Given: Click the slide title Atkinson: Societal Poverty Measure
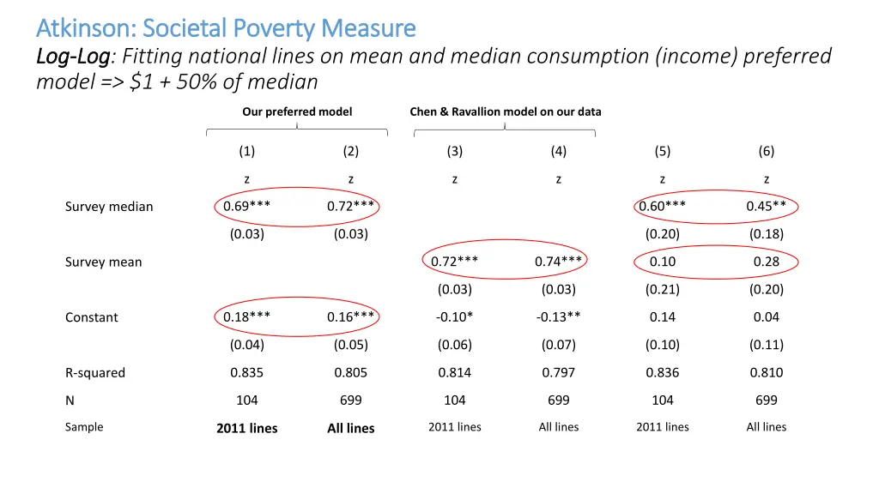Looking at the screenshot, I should pyautogui.click(x=226, y=28).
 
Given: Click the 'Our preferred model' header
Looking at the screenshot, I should pyautogui.click(x=297, y=111).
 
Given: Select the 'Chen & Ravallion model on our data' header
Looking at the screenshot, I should pyautogui.click(x=506, y=111).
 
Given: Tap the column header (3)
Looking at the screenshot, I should pyautogui.click(x=454, y=151).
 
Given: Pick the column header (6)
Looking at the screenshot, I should pyautogui.click(x=766, y=151).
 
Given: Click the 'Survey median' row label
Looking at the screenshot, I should pyautogui.click(x=109, y=207).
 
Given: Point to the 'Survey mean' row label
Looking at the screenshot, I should pyautogui.click(x=103, y=262).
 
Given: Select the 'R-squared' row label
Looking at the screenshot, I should pyautogui.click(x=95, y=373).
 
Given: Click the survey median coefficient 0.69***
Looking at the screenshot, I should pyautogui.click(x=247, y=206).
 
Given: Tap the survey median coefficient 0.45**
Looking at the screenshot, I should pyautogui.click(x=766, y=206).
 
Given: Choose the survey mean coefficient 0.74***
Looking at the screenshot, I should pyautogui.click(x=558, y=262).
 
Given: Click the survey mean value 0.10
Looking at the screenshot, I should pyautogui.click(x=662, y=262).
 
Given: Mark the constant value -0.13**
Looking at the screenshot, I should pyautogui.click(x=558, y=316).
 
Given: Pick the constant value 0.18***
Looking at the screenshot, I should pyautogui.click(x=247, y=316).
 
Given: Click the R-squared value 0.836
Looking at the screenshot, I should pyautogui.click(x=662, y=372).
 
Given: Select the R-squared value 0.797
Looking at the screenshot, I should pyautogui.click(x=558, y=372).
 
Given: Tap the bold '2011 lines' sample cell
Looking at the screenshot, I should pyautogui.click(x=247, y=428).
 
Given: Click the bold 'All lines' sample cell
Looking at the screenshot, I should pyautogui.click(x=350, y=428).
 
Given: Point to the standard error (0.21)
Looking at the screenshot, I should pyautogui.click(x=662, y=289).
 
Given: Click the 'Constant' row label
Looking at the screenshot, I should pyautogui.click(x=92, y=317).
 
